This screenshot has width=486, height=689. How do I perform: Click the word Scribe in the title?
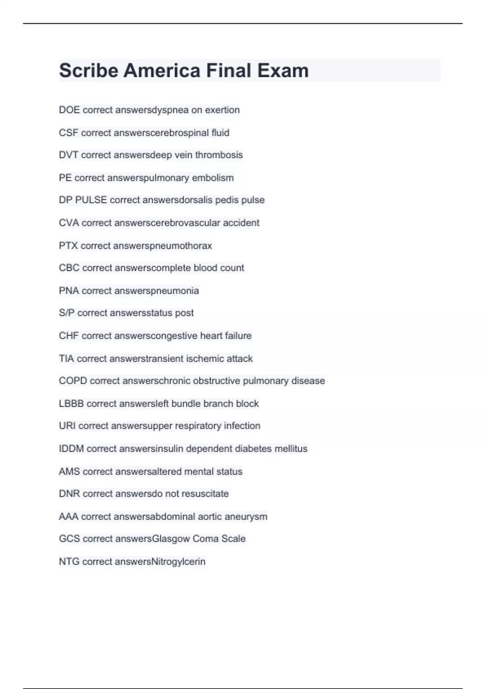tap(88, 71)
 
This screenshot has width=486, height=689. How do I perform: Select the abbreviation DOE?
tap(69, 110)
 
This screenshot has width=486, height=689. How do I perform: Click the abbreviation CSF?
tap(68, 133)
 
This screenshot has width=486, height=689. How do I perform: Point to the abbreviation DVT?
tap(68, 155)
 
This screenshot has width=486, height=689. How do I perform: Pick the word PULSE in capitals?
tap(91, 200)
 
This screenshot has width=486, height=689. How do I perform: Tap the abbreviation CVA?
tap(69, 223)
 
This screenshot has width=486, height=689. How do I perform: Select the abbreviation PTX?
tap(68, 246)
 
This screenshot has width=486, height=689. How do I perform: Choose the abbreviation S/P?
tap(66, 313)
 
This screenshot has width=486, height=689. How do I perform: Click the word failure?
tap(238, 336)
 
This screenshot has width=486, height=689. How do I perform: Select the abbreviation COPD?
tap(73, 381)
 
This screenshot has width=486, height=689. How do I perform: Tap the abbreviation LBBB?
tap(71, 404)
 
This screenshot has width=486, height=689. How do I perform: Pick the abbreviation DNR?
tap(69, 494)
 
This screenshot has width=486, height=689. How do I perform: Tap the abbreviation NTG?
tap(69, 561)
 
